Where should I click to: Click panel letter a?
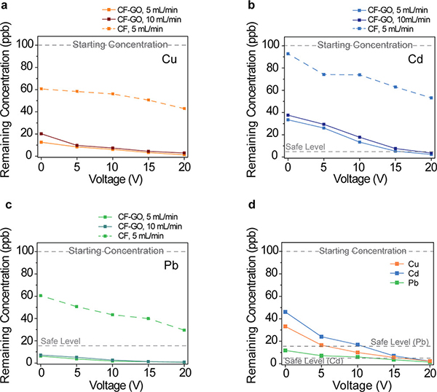pos(5,5)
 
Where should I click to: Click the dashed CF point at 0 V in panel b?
pos(288,53)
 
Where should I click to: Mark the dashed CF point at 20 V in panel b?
pos(431,98)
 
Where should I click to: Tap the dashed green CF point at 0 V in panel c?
pos(41,296)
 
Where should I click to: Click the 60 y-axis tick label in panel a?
pos(28,90)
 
